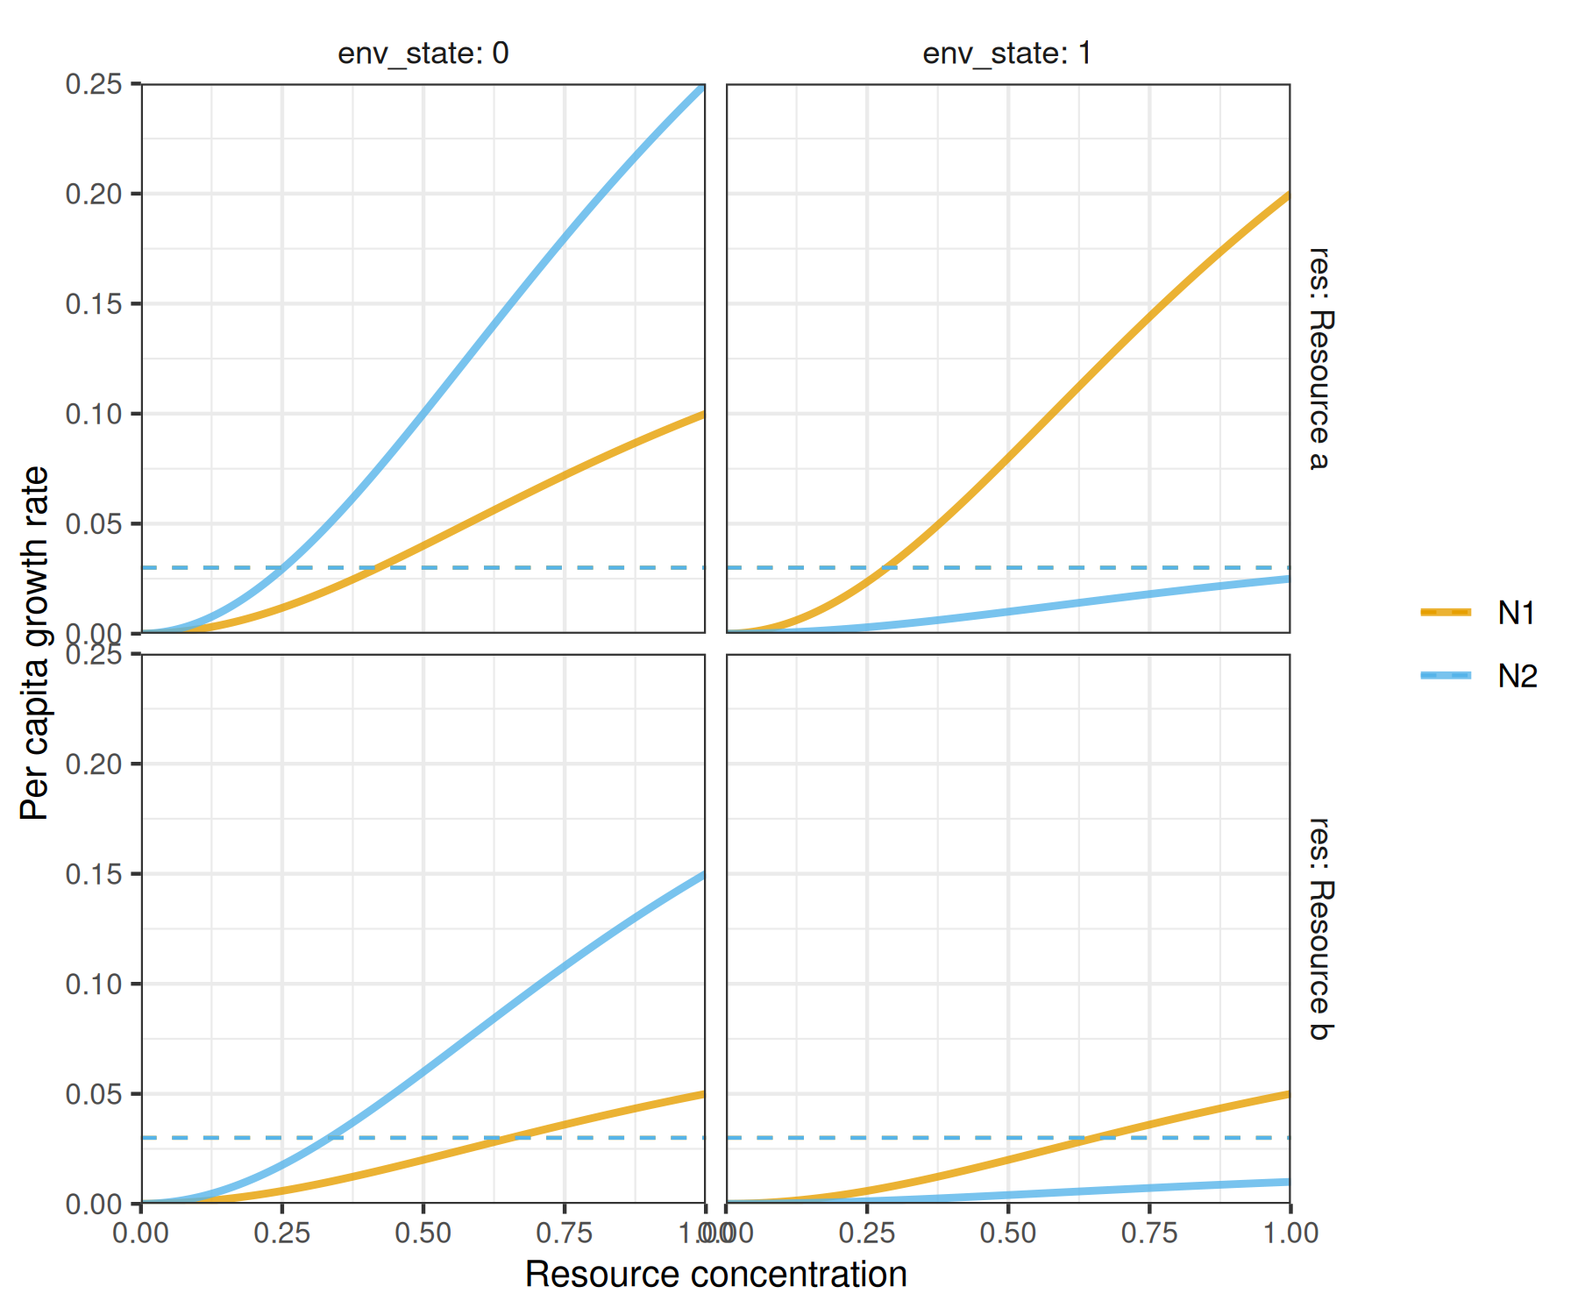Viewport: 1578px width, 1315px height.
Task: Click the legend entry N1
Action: [1516, 613]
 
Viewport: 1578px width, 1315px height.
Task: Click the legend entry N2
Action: [1516, 676]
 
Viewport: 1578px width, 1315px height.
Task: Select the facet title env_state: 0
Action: [423, 53]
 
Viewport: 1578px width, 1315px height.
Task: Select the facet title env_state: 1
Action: [1007, 53]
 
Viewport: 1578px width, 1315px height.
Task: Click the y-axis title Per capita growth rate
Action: [35, 643]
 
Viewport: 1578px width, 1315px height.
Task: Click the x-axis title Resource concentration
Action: [715, 1275]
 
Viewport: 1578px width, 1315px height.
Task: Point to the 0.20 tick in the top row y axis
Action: [94, 194]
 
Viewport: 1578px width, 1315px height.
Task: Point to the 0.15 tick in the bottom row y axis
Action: [94, 874]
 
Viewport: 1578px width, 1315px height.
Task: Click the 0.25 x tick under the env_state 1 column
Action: [867, 1233]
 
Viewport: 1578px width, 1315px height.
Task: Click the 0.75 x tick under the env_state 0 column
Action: [565, 1233]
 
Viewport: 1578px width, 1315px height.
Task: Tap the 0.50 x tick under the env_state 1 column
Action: [1008, 1233]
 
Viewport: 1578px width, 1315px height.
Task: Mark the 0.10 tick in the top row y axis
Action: [94, 414]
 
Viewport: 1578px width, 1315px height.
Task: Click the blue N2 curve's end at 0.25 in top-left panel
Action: [703, 86]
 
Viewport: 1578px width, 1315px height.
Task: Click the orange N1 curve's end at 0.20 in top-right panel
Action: [1288, 195]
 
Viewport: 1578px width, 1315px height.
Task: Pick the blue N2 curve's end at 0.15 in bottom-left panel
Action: [703, 874]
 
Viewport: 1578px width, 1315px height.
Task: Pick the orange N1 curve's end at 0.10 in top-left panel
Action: [703, 414]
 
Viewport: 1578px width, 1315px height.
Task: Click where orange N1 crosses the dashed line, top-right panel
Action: [885, 568]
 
